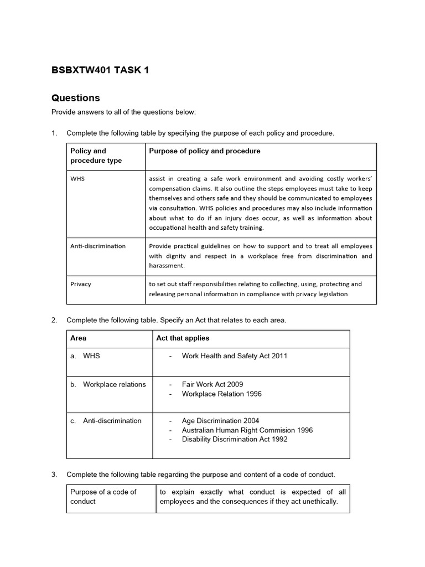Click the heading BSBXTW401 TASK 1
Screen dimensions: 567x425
coord(100,70)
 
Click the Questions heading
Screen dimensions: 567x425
coord(76,98)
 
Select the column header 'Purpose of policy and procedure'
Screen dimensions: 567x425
coord(204,151)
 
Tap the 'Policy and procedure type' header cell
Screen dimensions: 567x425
coord(96,156)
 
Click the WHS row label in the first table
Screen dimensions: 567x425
coord(77,179)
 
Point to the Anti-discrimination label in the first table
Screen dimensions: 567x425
coord(98,246)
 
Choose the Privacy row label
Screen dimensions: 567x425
coord(81,284)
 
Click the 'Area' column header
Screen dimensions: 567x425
coord(79,338)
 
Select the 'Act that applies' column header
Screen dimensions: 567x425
coord(183,338)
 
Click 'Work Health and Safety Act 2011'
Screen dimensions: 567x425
coord(235,356)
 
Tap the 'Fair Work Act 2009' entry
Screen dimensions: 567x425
coord(212,384)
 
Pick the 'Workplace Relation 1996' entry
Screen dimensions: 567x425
coord(222,394)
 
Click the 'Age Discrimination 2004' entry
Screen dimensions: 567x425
coord(220,421)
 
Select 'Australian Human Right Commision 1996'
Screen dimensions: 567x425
coord(247,430)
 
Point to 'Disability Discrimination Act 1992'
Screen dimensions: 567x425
coord(235,440)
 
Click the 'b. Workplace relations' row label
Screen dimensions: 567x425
coord(108,384)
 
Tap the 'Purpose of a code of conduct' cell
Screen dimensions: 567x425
coord(103,497)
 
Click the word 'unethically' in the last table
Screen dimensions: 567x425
coord(317,502)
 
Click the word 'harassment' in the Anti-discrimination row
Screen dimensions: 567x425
coord(168,266)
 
